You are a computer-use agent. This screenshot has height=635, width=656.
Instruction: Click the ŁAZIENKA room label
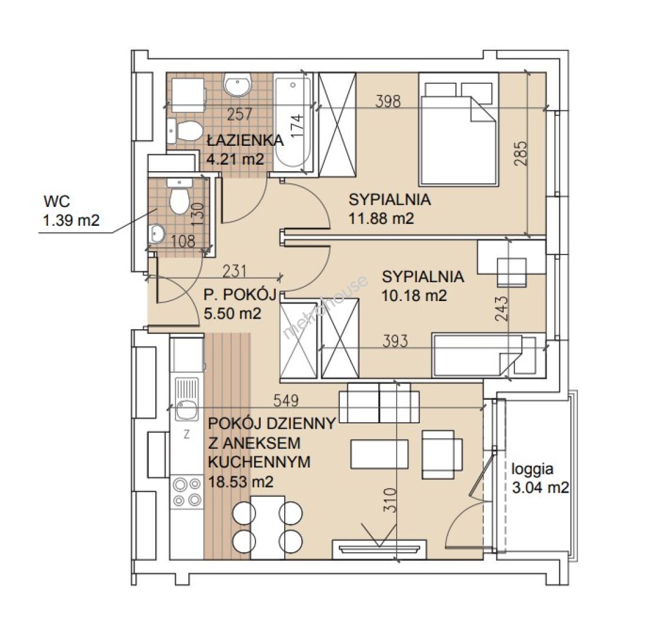pos(245,140)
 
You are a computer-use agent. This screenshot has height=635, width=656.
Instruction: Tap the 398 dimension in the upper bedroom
pos(388,101)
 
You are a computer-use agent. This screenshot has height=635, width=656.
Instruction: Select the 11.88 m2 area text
pos(381,218)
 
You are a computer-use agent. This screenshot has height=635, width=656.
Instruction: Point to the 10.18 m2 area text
pos(414,296)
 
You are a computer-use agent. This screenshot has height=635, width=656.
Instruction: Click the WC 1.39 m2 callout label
pos(72,211)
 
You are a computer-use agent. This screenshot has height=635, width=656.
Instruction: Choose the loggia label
pos(532,469)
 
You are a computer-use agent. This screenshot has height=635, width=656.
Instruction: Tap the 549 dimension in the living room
pos(286,400)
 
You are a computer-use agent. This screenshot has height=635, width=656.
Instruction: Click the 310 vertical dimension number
pos(389,500)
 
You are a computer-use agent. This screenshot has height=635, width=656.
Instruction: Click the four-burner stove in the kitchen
pos(187,492)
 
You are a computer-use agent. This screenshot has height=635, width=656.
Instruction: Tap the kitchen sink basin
pos(187,409)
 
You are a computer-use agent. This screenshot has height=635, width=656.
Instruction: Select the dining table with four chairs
pos(267,527)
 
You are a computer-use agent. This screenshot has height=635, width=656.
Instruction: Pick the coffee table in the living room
pos(379,454)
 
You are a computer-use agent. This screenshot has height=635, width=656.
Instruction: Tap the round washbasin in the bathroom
pos(237,85)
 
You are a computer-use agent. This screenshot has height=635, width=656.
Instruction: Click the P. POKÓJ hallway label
pos(241,295)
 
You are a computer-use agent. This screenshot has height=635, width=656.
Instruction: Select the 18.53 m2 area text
pos(241,482)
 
